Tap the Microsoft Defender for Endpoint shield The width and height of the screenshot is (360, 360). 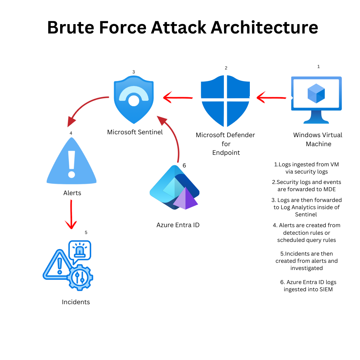click(225, 101)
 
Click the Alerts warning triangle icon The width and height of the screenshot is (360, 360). click(72, 162)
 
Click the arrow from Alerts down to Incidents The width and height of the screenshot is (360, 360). click(71, 214)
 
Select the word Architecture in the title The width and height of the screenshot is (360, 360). click(264, 28)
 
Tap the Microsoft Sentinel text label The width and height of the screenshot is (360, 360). click(135, 132)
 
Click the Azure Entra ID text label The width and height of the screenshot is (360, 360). click(178, 225)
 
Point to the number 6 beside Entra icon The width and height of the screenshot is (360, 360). click(184, 166)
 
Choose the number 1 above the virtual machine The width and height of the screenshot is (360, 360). click(318, 67)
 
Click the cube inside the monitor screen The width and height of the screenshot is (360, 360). click(316, 93)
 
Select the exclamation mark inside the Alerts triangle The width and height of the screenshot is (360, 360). click(72, 164)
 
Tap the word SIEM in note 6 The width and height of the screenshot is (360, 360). click(325, 289)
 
